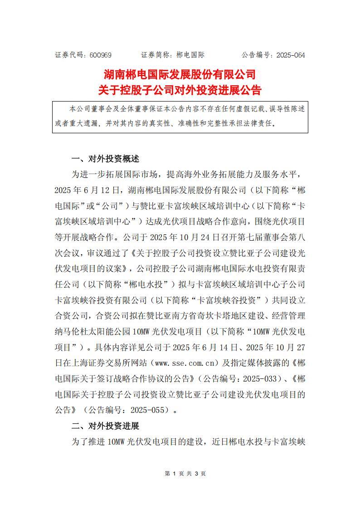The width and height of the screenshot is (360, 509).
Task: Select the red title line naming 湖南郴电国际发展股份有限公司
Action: [180, 74]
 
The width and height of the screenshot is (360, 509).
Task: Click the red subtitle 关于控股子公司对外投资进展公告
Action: [180, 90]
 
